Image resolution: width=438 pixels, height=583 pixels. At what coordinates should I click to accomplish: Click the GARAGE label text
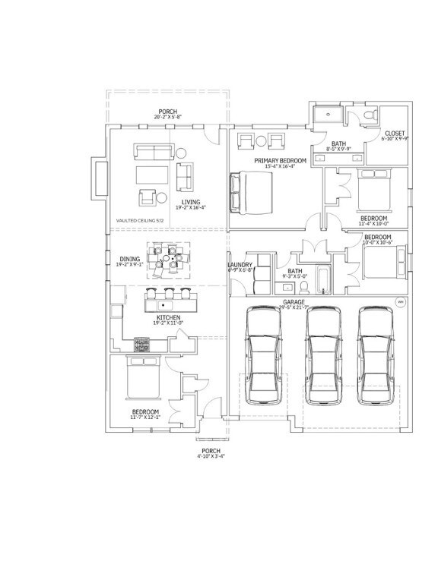(294, 301)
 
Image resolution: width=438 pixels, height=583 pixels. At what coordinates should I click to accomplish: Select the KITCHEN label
(168, 317)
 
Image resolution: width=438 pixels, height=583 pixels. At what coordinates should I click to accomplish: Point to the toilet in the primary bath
(369, 115)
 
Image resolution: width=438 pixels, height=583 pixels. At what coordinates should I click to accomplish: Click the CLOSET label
(395, 134)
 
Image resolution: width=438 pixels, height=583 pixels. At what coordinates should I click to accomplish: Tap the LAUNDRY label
(240, 265)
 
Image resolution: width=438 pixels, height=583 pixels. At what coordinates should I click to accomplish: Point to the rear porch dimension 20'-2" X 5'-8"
(168, 117)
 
